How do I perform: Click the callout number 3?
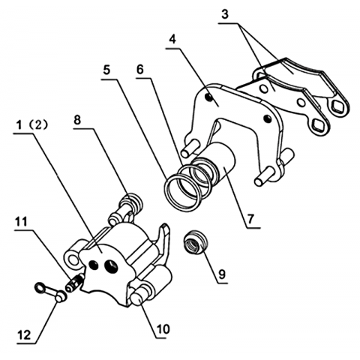click(225, 14)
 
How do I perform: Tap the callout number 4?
click(172, 40)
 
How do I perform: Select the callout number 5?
click(106, 70)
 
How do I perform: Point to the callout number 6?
click(140, 70)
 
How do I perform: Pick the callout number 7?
click(250, 219)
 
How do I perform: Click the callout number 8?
click(77, 120)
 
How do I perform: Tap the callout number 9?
click(222, 274)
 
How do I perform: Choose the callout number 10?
click(163, 329)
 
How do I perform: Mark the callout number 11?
click(21, 222)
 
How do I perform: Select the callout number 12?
click(24, 335)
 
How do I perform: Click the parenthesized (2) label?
click(38, 125)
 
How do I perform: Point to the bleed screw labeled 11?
click(74, 283)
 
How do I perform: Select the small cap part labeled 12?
click(50, 292)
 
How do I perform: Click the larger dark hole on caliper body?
click(112, 266)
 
